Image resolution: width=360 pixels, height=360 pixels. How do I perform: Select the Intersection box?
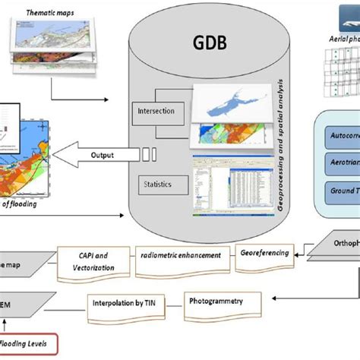coord(156,112)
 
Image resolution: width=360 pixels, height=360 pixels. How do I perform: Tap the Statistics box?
coord(156,183)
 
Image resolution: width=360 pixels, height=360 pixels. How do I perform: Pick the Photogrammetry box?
coord(224,300)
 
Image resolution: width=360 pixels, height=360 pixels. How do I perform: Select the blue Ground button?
coord(339,191)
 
